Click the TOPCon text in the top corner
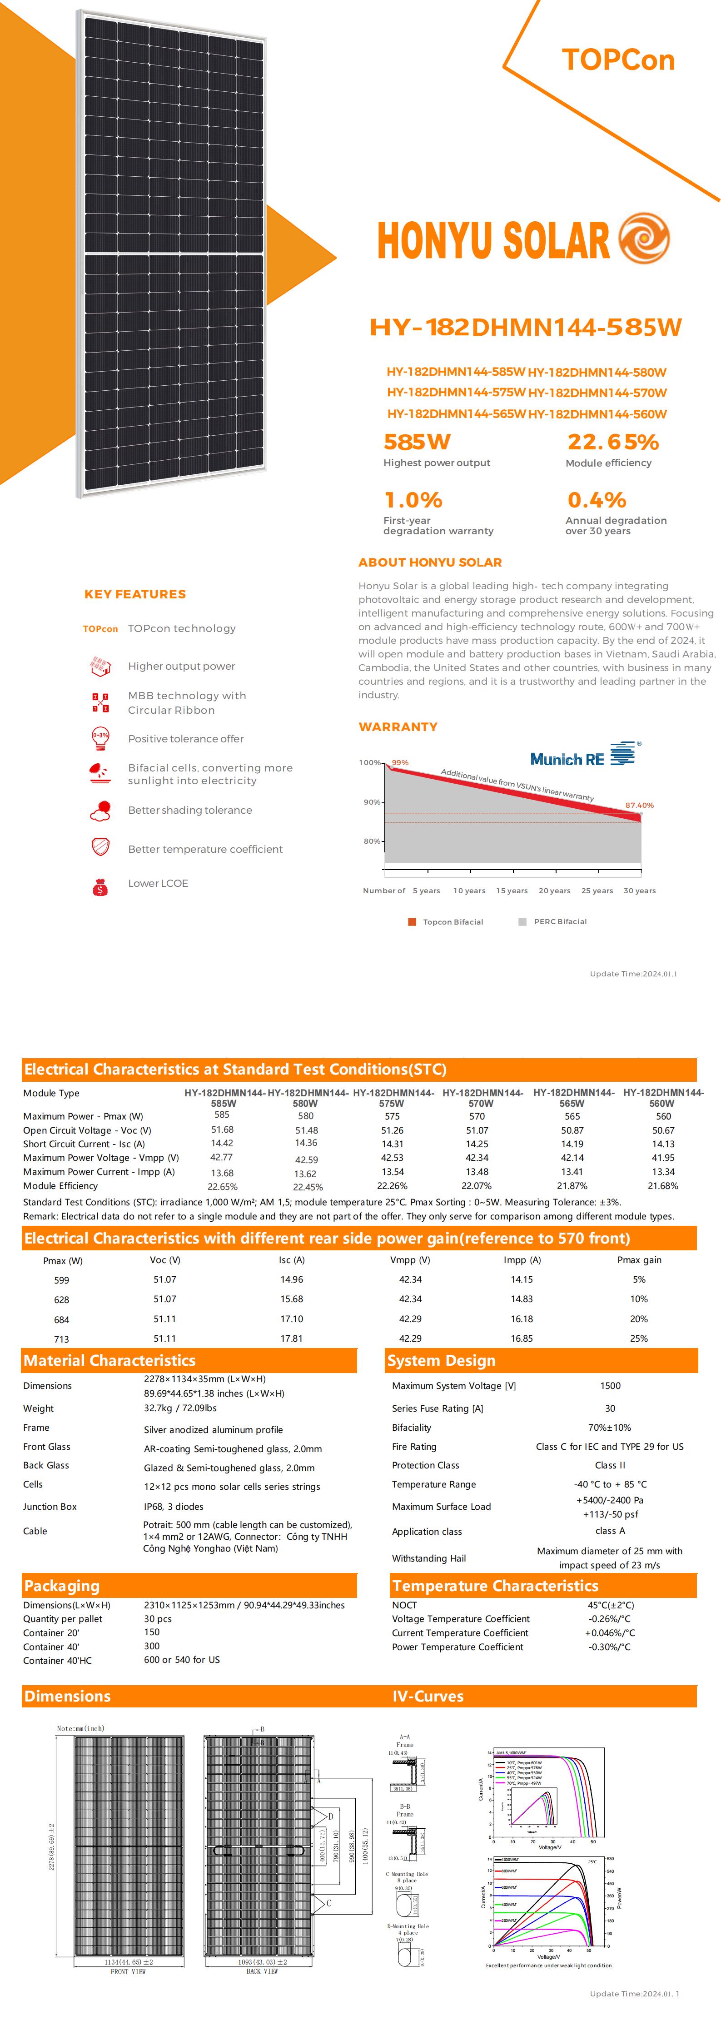618,60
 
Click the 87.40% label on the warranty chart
639,806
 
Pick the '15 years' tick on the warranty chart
512,891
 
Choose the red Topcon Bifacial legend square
412,922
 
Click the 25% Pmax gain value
639,1338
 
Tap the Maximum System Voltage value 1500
610,1386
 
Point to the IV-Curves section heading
428,1697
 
